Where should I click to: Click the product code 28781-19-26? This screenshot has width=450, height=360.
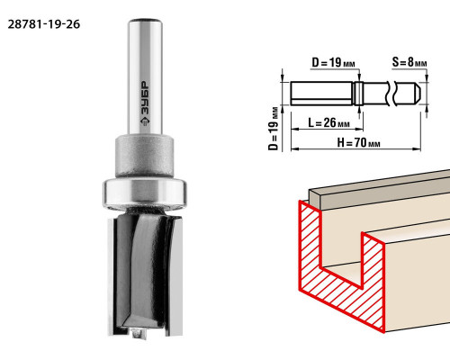[44, 24]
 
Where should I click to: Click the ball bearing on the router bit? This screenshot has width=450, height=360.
[145, 193]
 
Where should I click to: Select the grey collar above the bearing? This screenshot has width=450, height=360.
[145, 156]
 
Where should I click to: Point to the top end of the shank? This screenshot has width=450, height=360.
[145, 22]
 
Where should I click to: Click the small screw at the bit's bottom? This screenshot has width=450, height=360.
[138, 333]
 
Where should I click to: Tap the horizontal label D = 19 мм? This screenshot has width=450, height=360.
[333, 63]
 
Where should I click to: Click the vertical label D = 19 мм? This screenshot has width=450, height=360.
[273, 129]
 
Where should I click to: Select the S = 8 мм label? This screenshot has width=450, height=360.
[409, 62]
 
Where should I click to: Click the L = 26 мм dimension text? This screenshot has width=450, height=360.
[328, 122]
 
